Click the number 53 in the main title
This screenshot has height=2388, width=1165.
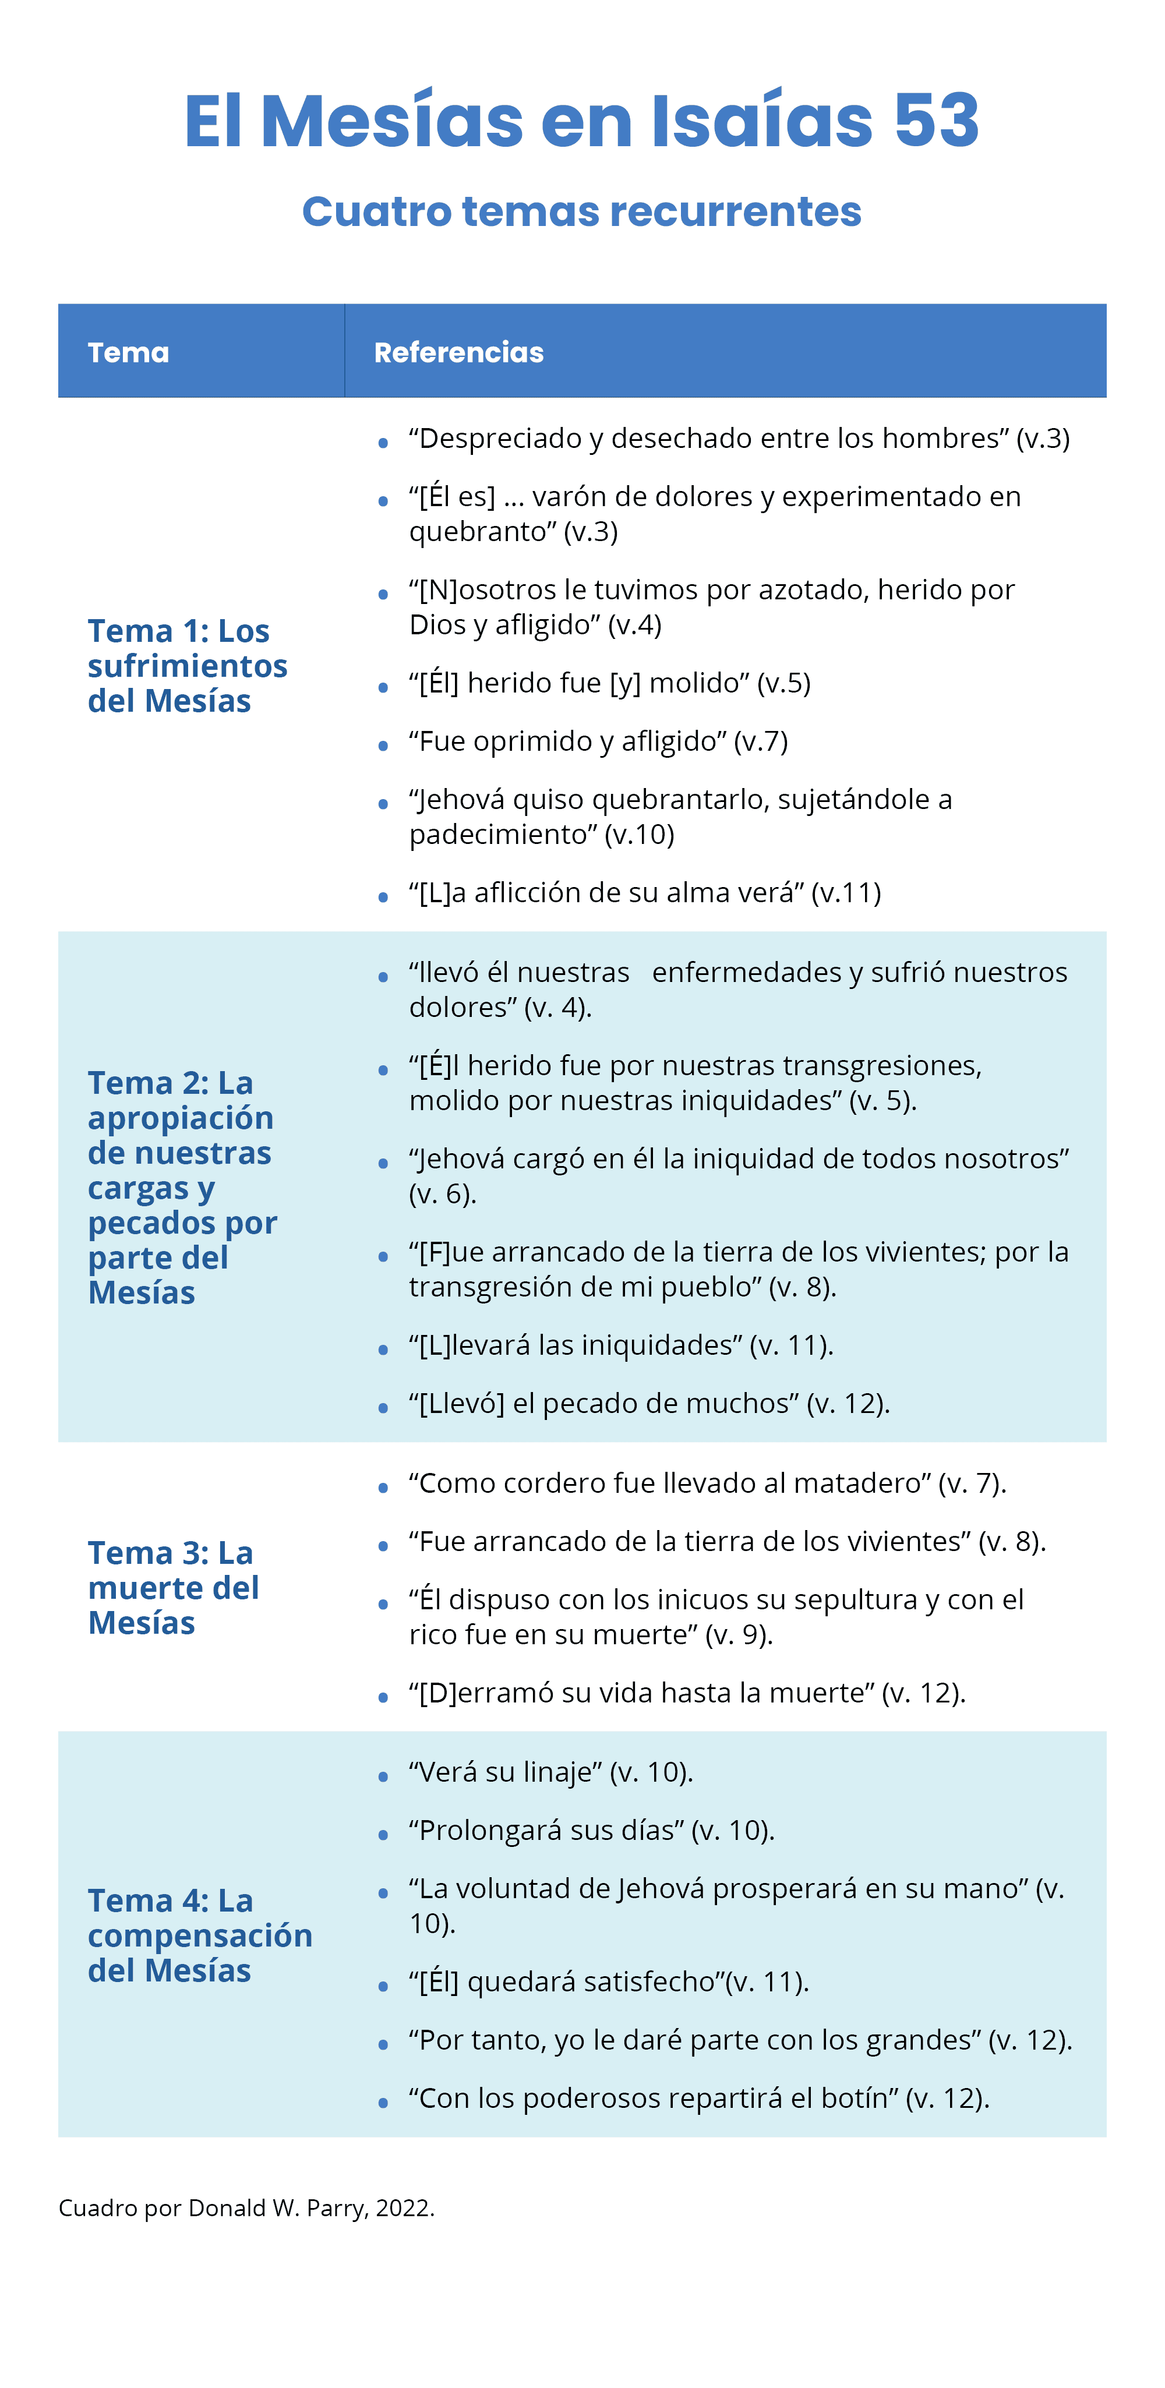pos(936,122)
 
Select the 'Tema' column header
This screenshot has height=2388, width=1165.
pos(129,352)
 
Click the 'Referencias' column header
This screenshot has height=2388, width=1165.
pos(459,352)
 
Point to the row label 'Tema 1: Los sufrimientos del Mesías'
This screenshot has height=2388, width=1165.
pos(187,666)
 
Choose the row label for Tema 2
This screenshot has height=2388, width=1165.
pos(182,1188)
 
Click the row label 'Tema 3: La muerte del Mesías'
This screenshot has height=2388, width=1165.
pos(174,1588)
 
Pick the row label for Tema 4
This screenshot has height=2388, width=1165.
pos(199,1935)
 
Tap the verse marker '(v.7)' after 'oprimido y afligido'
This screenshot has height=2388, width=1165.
pos(761,741)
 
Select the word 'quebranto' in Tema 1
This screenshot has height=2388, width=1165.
pos(482,532)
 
